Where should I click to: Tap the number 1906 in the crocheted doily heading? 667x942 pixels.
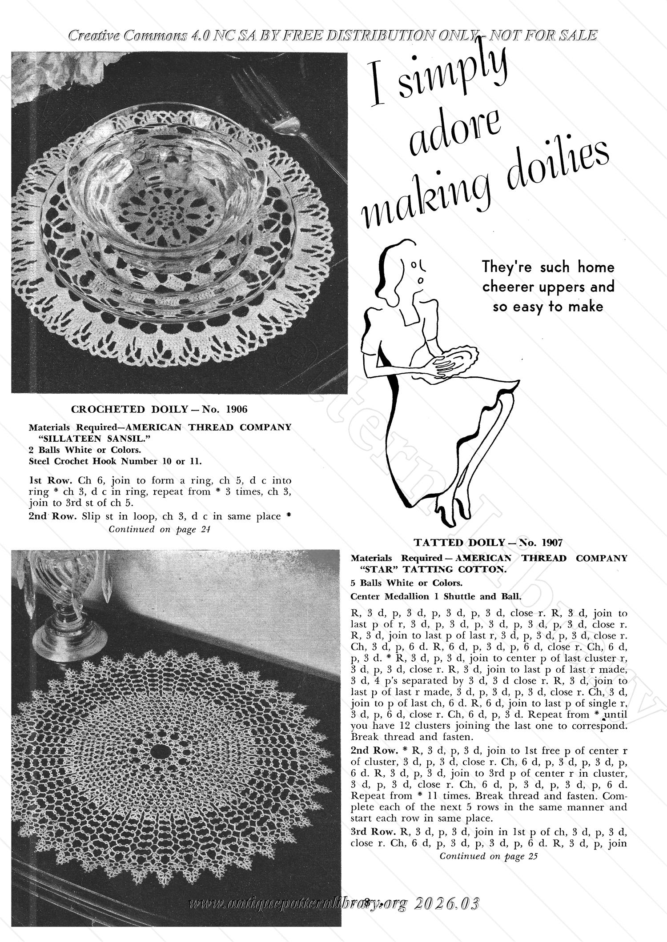[237, 409]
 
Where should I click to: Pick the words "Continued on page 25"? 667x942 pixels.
[488, 856]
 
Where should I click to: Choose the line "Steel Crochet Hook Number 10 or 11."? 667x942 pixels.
[115, 461]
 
